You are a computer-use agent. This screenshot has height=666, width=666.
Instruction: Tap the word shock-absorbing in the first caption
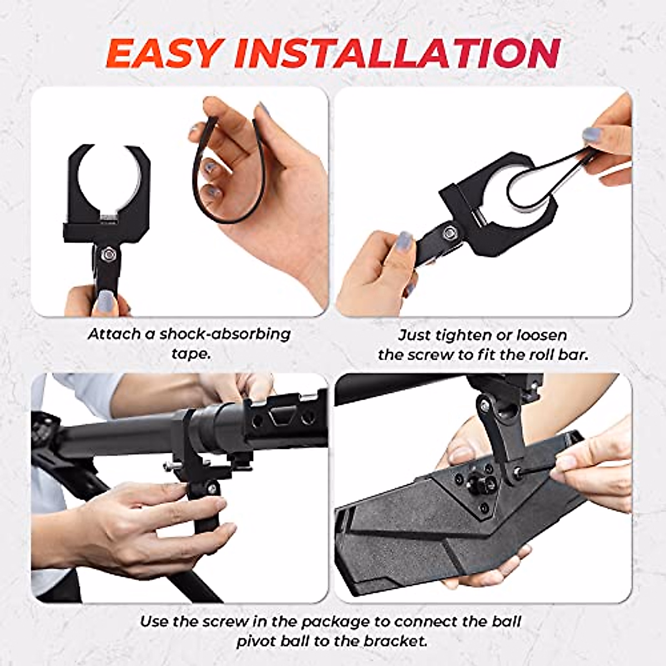pos(225,334)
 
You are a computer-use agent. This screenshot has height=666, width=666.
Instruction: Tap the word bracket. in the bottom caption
pos(396,641)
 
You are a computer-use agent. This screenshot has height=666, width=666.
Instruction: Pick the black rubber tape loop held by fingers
pos(222,172)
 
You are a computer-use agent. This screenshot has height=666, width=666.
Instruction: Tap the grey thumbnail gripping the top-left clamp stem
pos(104,302)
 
